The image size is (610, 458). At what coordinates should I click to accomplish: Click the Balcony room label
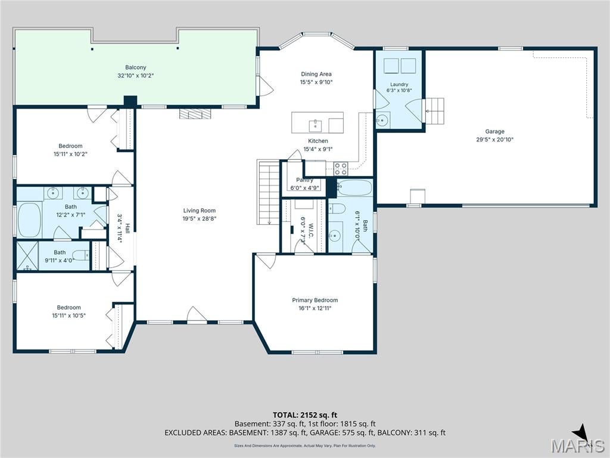(x=135, y=67)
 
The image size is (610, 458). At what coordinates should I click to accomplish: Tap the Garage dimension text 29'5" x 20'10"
(x=495, y=140)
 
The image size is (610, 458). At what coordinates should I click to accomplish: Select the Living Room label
(x=199, y=211)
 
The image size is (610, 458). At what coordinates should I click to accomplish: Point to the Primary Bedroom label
(x=315, y=301)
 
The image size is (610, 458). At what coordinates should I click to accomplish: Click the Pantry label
(x=304, y=180)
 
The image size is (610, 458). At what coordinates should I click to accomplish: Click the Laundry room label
(x=399, y=84)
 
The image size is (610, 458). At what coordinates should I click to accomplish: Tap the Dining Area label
(x=316, y=74)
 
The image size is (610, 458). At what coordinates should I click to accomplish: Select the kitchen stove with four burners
(x=341, y=169)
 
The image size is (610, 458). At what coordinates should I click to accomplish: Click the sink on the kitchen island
(x=315, y=126)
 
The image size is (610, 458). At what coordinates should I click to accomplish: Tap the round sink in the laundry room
(x=383, y=120)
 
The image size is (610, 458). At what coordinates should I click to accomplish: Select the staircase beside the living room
(x=269, y=193)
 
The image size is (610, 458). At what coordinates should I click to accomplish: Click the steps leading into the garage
(x=434, y=111)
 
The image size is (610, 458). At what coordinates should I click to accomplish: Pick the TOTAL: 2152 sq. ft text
(x=302, y=415)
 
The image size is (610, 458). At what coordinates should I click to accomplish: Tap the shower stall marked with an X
(x=27, y=255)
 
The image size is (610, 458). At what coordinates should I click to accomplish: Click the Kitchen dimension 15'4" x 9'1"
(x=318, y=148)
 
